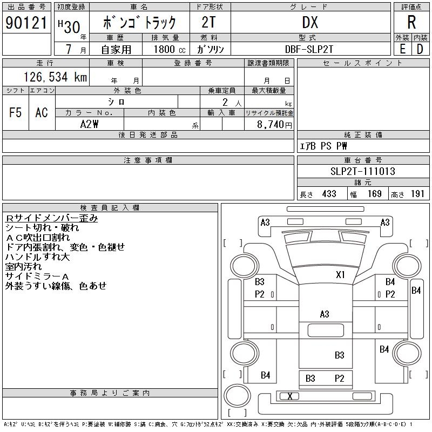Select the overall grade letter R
pyautogui.click(x=411, y=23)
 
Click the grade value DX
pyautogui.click(x=310, y=23)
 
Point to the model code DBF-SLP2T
pyautogui.click(x=310, y=49)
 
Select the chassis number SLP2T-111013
pyautogui.click(x=363, y=172)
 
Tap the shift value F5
pyautogui.click(x=16, y=113)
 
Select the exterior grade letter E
pyautogui.click(x=402, y=49)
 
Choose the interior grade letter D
pyautogui.click(x=420, y=49)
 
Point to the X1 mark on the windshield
pyautogui.click(x=340, y=274)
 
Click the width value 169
pyautogui.click(x=375, y=194)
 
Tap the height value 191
pyautogui.click(x=417, y=194)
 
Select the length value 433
pyautogui.click(x=329, y=194)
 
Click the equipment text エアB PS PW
pyautogui.click(x=323, y=146)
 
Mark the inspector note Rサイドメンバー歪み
pyautogui.click(x=52, y=218)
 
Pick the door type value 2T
pyautogui.click(x=209, y=23)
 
